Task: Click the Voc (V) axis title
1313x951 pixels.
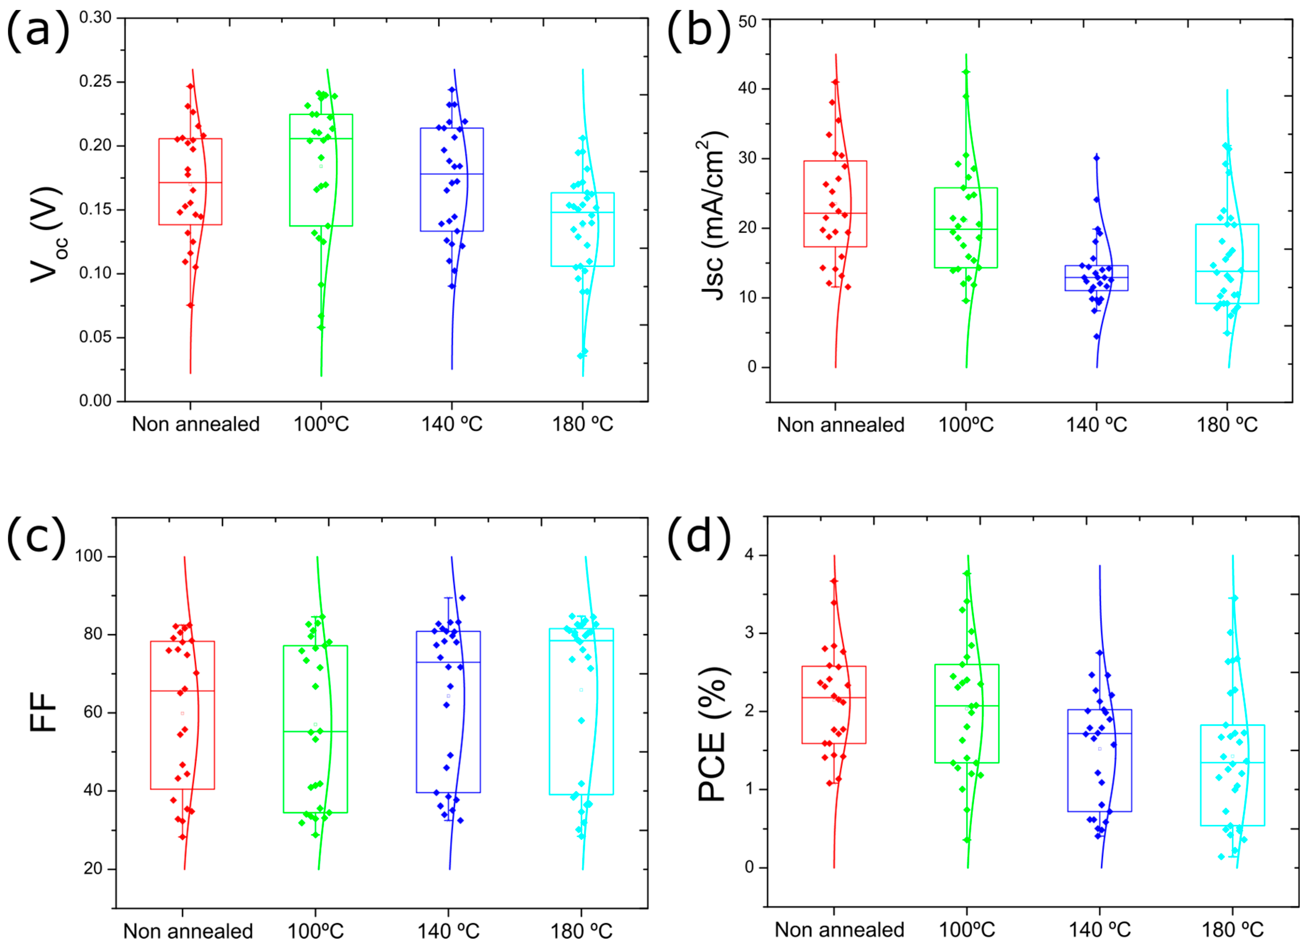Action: coord(49,235)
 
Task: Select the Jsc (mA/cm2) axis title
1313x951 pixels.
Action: coord(713,216)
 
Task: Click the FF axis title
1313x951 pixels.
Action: coord(43,712)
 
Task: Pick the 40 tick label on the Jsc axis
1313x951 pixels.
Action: coord(747,89)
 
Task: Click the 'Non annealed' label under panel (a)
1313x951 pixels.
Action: coord(196,424)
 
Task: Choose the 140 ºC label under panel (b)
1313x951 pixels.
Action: coord(1097,425)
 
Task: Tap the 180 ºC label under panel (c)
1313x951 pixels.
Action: coord(581,932)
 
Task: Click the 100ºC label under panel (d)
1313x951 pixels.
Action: coord(966,930)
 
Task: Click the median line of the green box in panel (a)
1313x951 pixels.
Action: coord(321,138)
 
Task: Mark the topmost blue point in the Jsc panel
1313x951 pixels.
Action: coord(1097,158)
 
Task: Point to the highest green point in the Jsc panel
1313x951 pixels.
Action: coord(966,72)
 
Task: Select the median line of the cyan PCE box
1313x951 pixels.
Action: coord(1232,763)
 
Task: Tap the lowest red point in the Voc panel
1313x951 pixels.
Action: coord(191,305)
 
